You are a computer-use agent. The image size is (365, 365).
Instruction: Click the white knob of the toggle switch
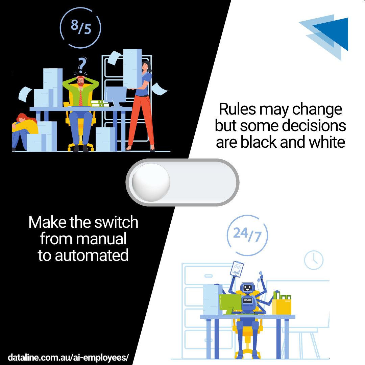[151, 182]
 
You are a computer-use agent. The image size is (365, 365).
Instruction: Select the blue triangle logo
[326, 36]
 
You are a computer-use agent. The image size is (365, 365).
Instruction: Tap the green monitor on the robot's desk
[230, 302]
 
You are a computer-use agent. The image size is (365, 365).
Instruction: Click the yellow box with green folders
[282, 304]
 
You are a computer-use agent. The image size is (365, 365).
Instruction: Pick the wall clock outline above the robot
[314, 260]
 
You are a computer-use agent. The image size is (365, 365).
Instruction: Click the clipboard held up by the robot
[237, 269]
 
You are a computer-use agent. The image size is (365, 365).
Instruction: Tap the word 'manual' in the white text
[101, 239]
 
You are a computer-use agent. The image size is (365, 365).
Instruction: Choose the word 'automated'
[92, 255]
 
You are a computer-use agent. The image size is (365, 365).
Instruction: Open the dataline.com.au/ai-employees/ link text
[68, 357]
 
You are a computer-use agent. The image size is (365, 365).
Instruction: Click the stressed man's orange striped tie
[80, 98]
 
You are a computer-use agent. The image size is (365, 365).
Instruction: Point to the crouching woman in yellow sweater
[25, 130]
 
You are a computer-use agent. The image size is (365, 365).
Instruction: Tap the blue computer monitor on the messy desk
[116, 95]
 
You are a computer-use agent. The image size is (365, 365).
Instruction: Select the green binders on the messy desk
[100, 104]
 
